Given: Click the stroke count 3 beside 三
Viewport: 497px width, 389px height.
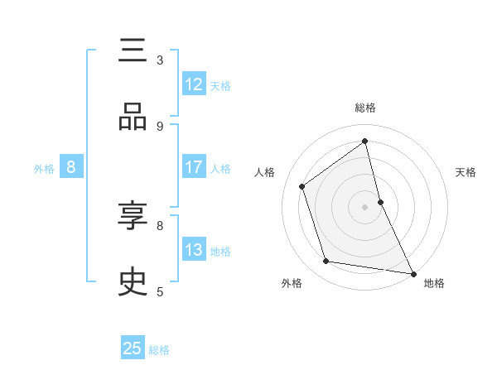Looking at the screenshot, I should click(x=160, y=60).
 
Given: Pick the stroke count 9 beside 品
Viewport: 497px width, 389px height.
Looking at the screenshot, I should click(x=160, y=126).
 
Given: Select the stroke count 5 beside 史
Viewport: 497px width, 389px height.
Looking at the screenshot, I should click(x=160, y=291).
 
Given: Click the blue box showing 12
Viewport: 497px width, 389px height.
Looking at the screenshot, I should click(x=194, y=84).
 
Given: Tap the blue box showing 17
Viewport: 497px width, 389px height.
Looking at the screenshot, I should click(x=194, y=167).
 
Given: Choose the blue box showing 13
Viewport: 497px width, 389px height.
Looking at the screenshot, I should click(x=194, y=250).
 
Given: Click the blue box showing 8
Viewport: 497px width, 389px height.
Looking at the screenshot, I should click(x=71, y=167).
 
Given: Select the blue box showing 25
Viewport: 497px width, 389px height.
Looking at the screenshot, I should click(x=133, y=348).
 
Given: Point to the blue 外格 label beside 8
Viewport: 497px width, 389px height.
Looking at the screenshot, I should click(x=44, y=169).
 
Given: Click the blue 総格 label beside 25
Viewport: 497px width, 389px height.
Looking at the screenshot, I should click(x=159, y=350).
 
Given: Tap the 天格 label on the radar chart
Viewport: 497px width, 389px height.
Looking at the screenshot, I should click(x=466, y=172).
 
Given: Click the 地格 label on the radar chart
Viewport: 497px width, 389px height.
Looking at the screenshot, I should click(x=434, y=284).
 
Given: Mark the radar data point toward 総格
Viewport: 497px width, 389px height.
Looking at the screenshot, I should click(x=365, y=141).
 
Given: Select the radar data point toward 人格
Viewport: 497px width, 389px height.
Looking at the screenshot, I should click(x=302, y=186).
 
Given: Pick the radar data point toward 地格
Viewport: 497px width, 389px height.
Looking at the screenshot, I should click(x=413, y=272).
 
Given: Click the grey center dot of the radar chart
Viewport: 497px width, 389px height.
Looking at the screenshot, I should click(x=365, y=206).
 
